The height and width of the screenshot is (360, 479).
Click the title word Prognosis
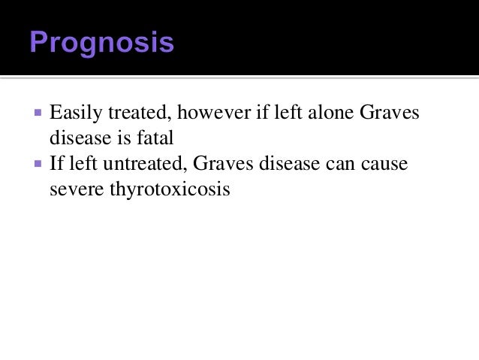pos(101,43)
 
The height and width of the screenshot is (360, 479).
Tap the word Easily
pos(73,114)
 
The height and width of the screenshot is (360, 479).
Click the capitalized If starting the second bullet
pos(56,164)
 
